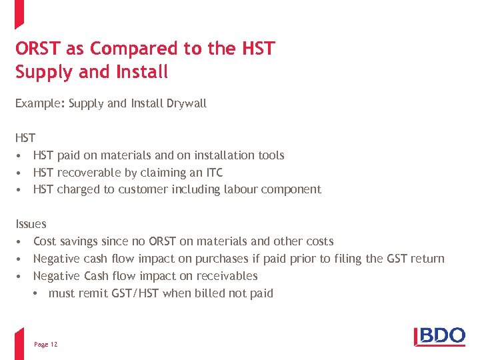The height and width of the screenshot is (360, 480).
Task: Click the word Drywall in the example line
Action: click(187, 103)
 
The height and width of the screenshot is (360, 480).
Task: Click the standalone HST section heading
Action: click(25, 138)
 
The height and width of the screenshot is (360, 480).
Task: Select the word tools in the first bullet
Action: click(269, 155)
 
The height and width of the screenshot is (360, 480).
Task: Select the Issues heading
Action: click(31, 224)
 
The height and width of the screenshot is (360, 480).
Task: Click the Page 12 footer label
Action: click(45, 344)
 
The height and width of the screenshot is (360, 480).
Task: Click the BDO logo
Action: click(440, 335)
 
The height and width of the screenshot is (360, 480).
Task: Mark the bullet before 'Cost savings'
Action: click(21, 241)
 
